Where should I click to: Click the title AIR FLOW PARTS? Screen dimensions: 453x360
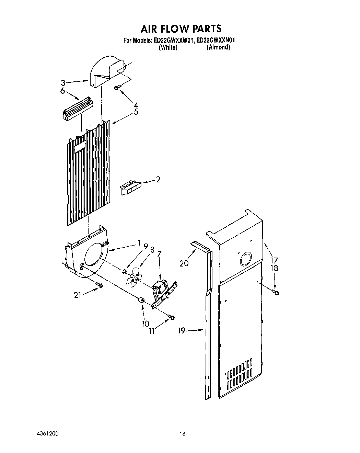pos(180,28)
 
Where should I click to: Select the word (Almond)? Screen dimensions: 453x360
pos(218,47)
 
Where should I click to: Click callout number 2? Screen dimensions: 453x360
pos(158,180)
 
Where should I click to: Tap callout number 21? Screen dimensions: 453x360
pos(78,294)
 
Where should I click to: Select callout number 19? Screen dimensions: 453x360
pos(182,330)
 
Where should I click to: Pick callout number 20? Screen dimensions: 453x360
pos(184,263)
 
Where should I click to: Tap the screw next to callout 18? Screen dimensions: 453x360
pos(275,292)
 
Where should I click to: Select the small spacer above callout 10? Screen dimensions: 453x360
pos(140,301)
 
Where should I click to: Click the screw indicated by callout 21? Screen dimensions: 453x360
pos(99,285)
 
